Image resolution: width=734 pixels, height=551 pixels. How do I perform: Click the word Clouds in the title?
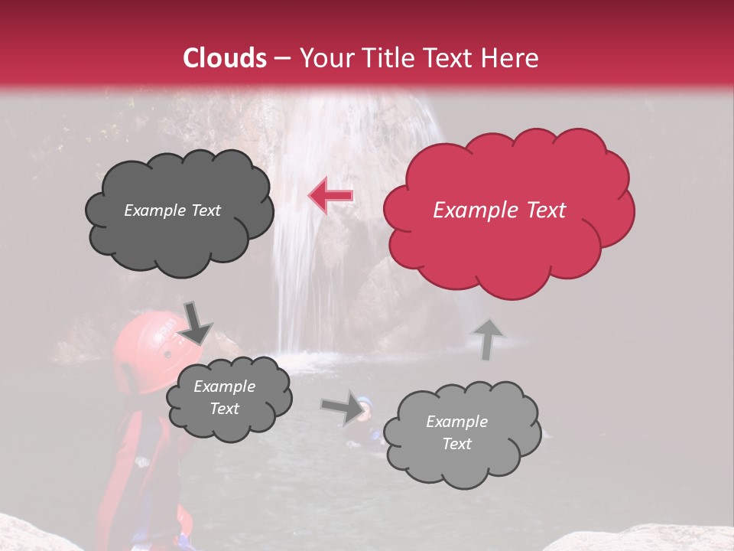(226, 58)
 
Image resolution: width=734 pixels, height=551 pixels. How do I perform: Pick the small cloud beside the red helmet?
(228, 399)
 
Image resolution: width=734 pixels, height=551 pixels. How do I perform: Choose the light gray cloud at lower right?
(460, 432)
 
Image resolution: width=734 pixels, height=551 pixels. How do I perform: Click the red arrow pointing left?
(330, 196)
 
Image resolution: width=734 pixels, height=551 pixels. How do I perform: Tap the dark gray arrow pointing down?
(195, 323)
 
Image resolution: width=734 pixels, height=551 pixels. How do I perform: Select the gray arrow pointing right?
(343, 407)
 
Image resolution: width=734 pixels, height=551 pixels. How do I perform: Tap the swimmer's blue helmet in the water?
(365, 403)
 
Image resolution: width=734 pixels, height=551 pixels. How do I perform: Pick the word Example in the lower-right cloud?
(456, 422)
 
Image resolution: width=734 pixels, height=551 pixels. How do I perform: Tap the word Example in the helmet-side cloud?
(224, 387)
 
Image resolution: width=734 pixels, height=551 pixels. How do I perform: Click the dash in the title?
(281, 59)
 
